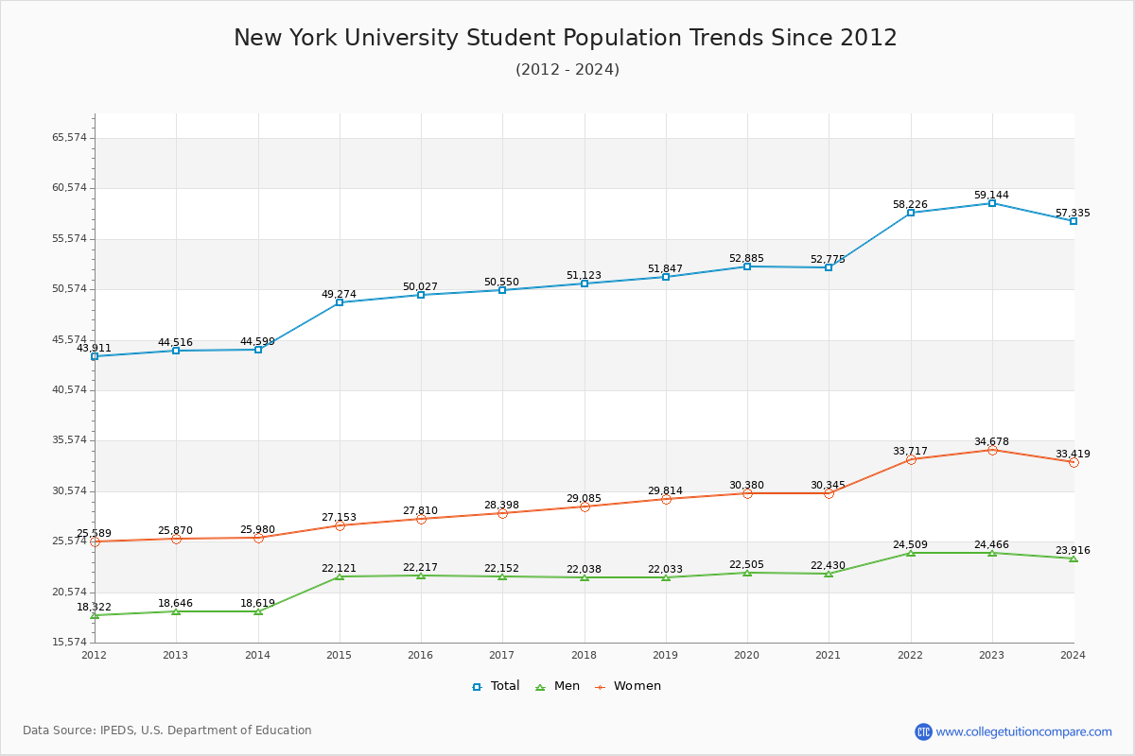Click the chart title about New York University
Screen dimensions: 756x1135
coord(566,38)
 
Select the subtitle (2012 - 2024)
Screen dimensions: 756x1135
coord(567,70)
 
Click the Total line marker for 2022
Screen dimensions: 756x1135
coord(911,213)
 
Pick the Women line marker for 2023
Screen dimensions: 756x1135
coord(992,450)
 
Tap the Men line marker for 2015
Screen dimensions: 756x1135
coord(340,576)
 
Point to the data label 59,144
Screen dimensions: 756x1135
coord(991,196)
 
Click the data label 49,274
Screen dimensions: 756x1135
coord(339,295)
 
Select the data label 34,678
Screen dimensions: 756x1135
coord(991,442)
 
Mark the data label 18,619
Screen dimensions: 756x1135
coord(257,604)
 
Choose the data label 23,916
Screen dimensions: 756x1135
coord(1073,551)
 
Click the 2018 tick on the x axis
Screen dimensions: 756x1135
coord(585,655)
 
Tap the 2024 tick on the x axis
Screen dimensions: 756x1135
coord(1073,655)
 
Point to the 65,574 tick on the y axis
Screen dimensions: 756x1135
coord(69,138)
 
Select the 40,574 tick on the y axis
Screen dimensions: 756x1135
coord(69,390)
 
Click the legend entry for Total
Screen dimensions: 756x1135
coord(497,686)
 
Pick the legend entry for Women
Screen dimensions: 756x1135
coord(628,686)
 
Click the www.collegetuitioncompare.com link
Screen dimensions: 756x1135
coord(1023,731)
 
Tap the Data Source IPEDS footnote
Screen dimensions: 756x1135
coord(167,730)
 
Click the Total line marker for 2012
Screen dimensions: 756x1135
coord(95,356)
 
